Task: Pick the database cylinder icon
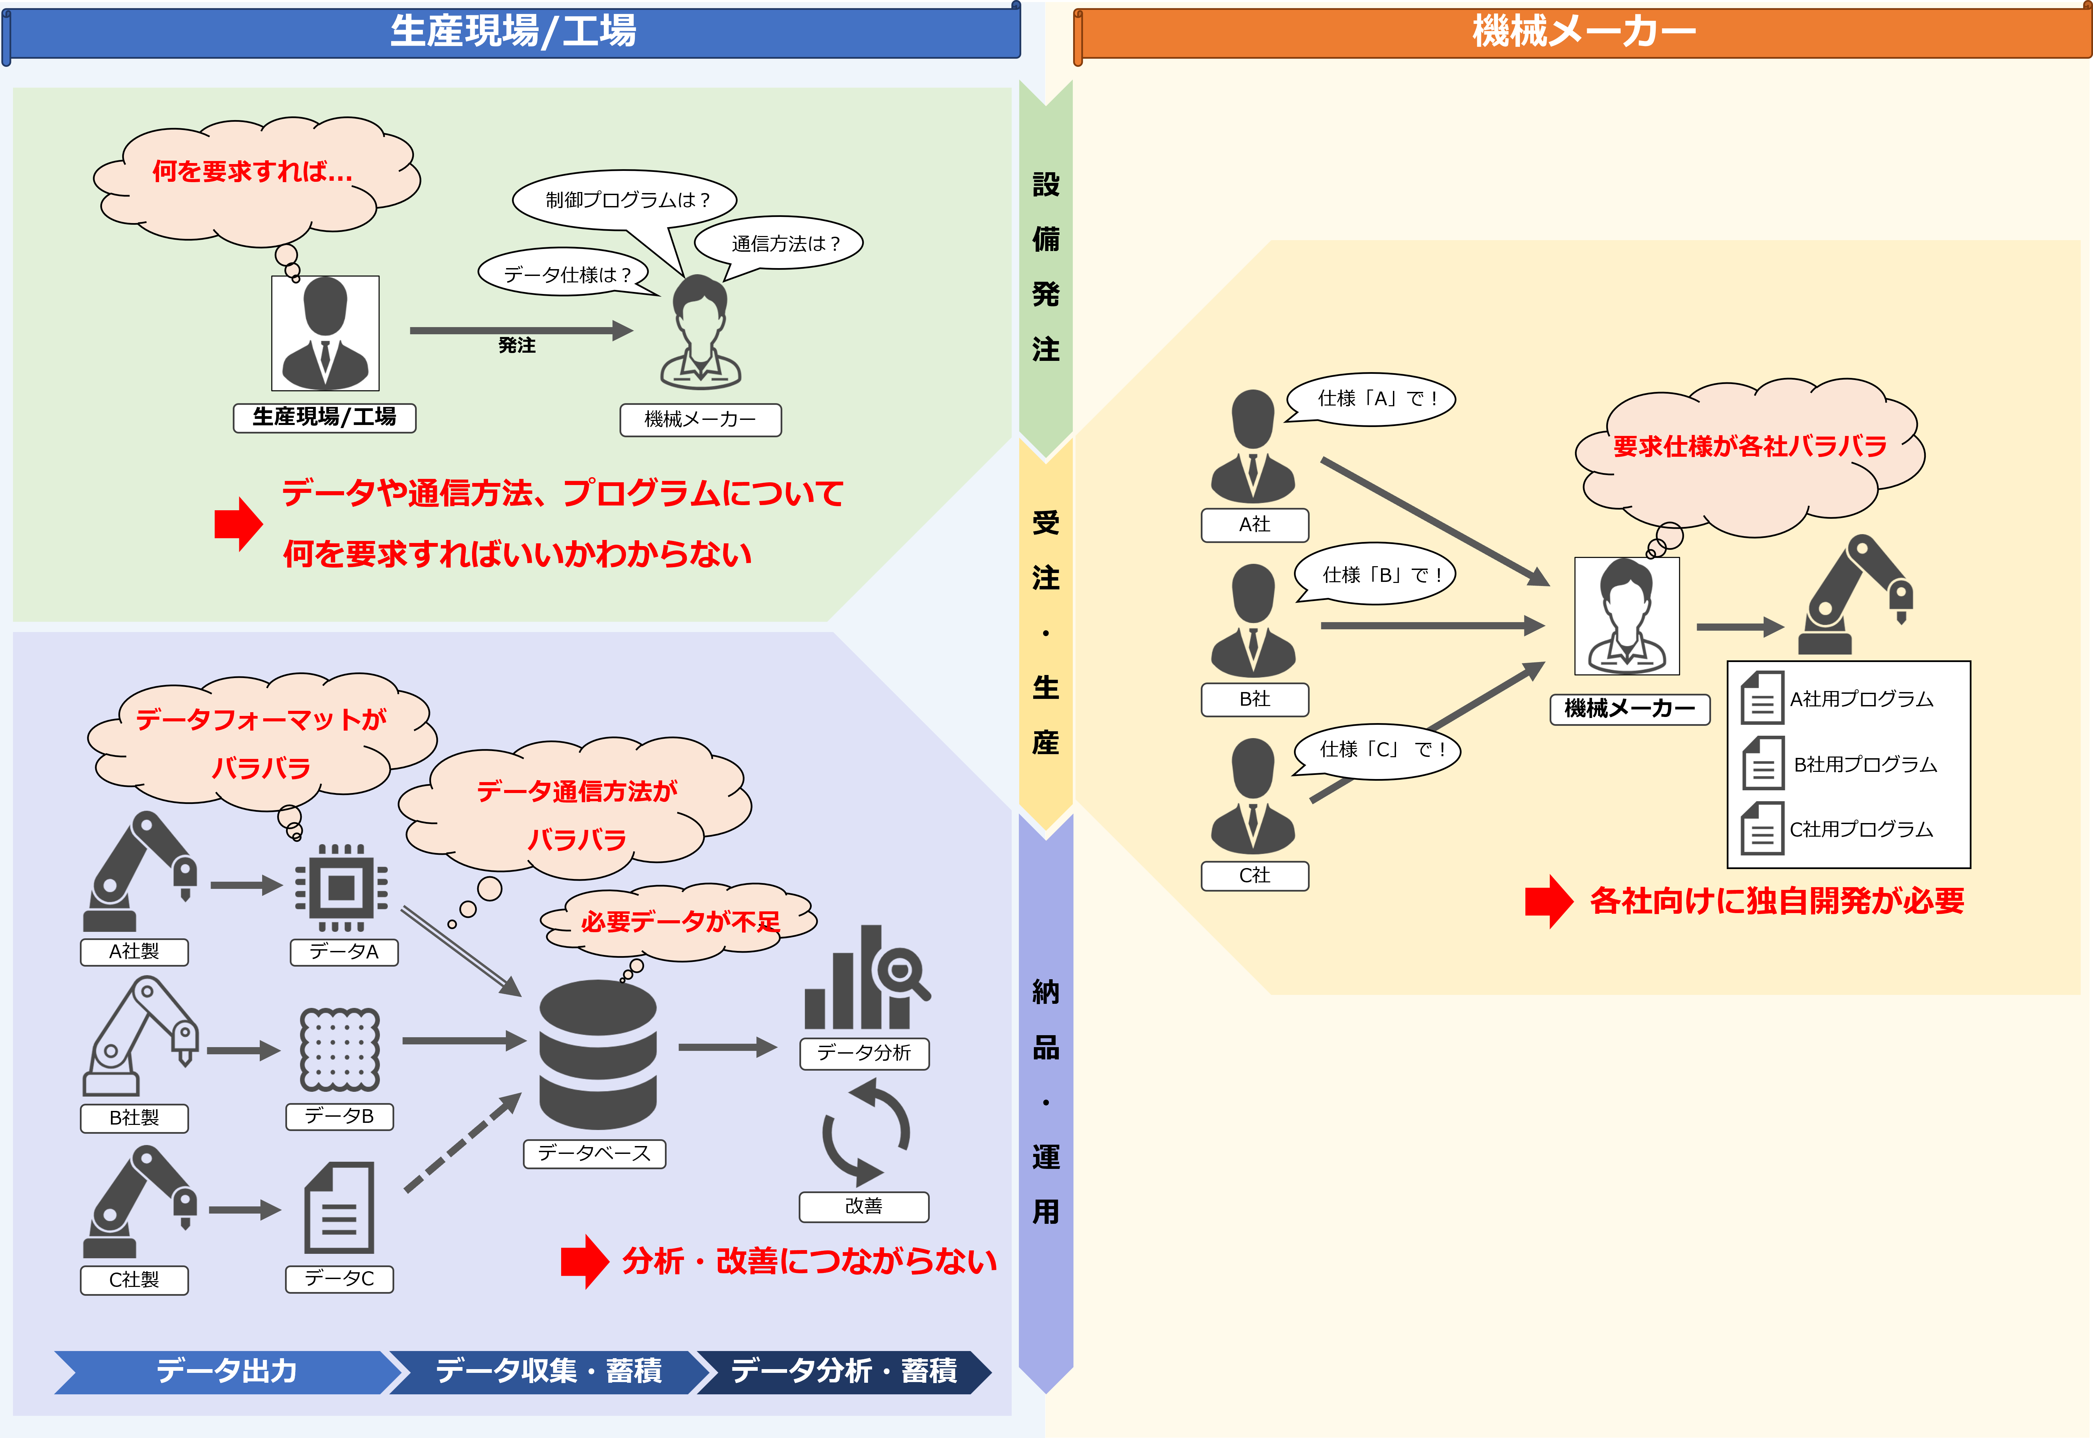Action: point(598,1054)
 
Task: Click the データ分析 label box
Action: point(864,1052)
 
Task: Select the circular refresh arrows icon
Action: point(865,1132)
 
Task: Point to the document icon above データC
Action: point(339,1208)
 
